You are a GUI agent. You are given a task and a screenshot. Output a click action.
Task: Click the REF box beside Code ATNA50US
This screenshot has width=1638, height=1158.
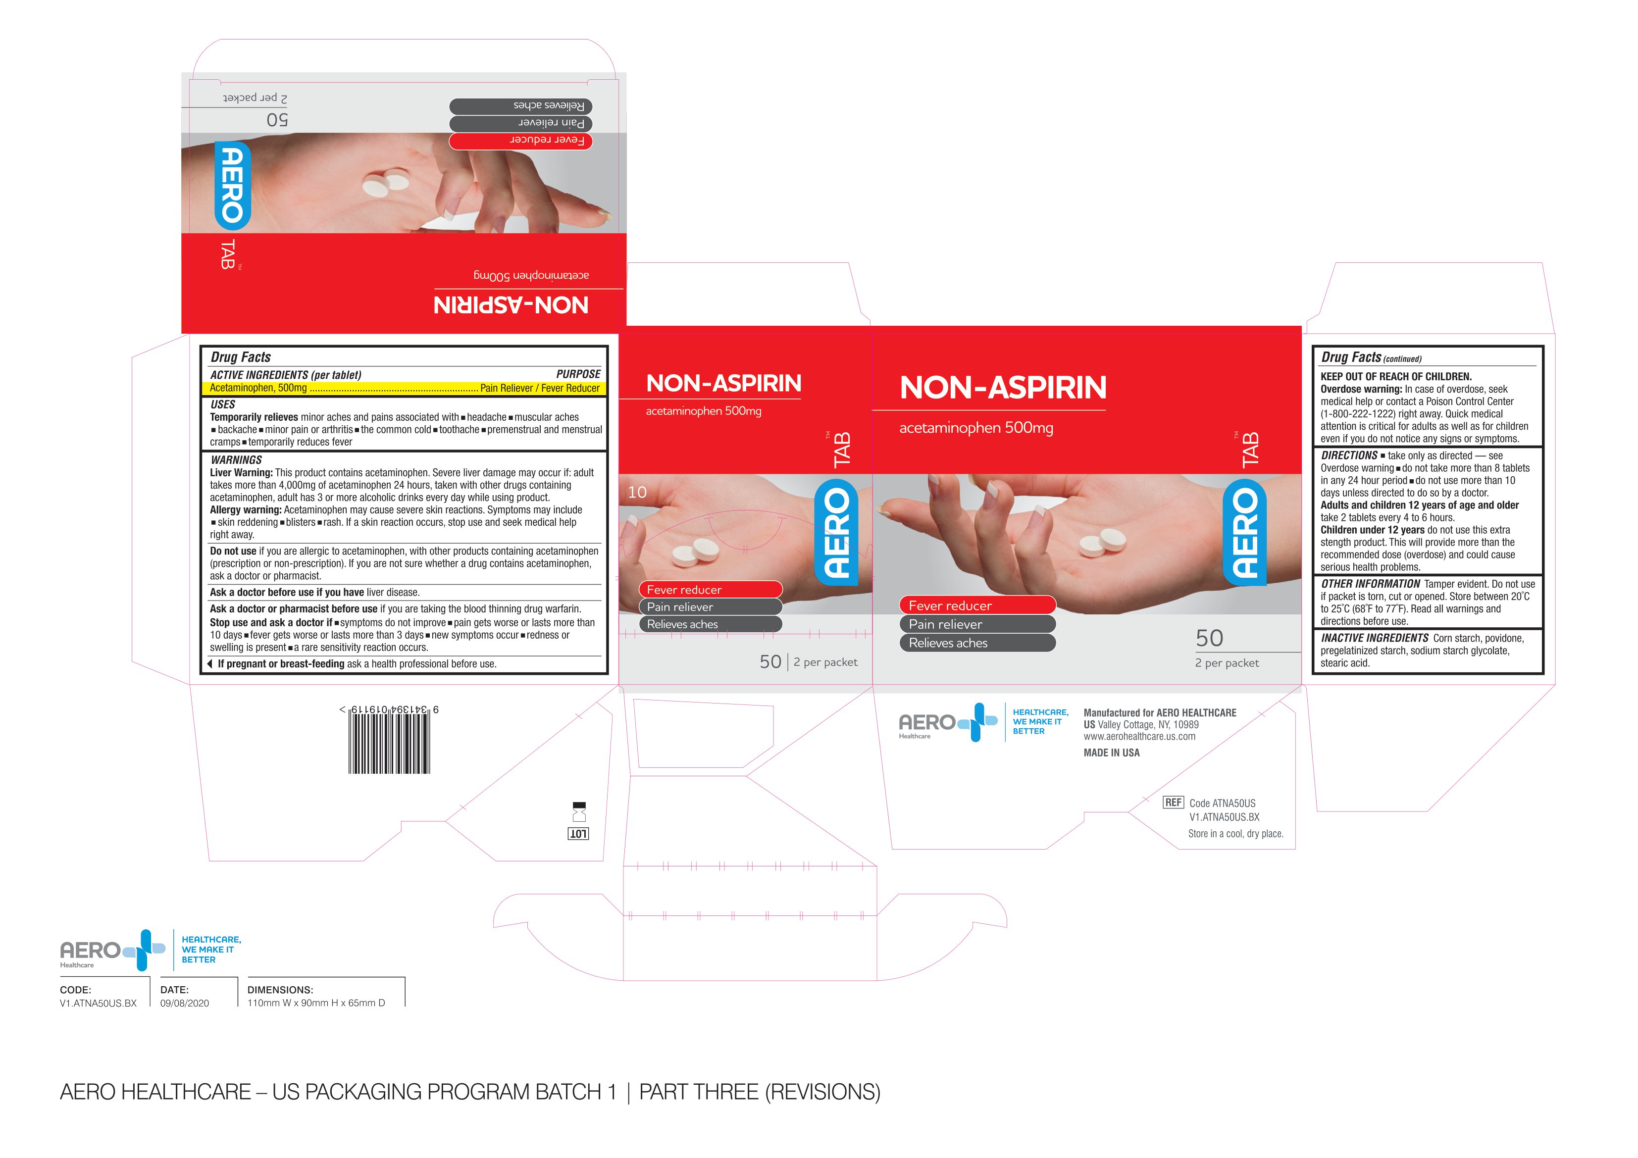point(1173,803)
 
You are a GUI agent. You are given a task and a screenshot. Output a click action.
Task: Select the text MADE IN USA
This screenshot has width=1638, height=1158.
point(1112,753)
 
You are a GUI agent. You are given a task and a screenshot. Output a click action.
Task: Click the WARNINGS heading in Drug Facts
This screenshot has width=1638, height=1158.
point(236,460)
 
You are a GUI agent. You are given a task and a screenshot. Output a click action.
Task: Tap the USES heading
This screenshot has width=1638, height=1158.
point(223,404)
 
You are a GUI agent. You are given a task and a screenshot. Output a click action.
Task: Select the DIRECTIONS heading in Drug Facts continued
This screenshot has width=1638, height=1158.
point(1349,455)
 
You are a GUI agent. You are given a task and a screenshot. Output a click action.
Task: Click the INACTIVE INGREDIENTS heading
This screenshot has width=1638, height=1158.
point(1375,638)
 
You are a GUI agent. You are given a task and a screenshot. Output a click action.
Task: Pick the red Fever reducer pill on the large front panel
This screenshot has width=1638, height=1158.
point(977,605)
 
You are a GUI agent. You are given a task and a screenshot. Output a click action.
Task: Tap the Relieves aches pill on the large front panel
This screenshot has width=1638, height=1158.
point(977,643)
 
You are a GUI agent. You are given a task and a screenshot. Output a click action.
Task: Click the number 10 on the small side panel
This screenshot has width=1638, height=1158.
point(637,492)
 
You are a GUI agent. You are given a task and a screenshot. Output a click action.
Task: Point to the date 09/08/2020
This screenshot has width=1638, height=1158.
point(185,1003)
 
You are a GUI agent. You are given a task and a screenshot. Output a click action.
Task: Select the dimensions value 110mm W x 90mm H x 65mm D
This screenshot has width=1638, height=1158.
point(316,1003)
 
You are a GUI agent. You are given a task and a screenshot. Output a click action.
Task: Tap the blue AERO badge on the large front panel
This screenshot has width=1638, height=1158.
point(1245,532)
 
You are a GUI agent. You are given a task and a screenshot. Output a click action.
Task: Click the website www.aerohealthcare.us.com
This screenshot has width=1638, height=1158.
point(1139,736)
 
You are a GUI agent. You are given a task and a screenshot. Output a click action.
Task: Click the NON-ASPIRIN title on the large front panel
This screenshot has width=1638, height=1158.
point(1003,388)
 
